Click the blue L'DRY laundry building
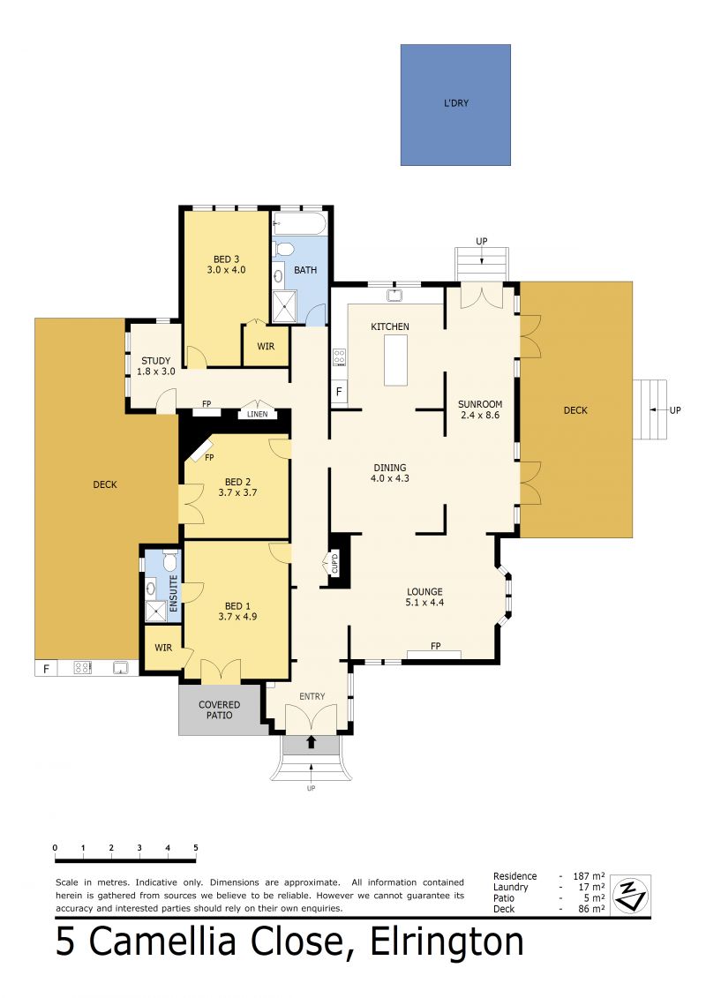click(455, 105)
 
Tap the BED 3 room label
click(226, 259)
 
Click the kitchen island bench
click(395, 360)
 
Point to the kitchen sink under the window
click(394, 295)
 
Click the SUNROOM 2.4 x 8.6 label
click(480, 409)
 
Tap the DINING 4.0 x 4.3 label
click(389, 473)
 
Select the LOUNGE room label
click(424, 591)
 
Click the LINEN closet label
click(257, 415)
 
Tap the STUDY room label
click(156, 361)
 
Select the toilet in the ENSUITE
click(170, 560)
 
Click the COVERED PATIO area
click(220, 709)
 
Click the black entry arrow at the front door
click(312, 742)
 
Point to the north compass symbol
click(630, 894)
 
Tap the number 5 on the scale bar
click(195, 848)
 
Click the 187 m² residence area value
click(589, 876)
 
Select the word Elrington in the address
click(447, 943)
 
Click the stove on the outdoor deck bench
click(82, 668)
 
